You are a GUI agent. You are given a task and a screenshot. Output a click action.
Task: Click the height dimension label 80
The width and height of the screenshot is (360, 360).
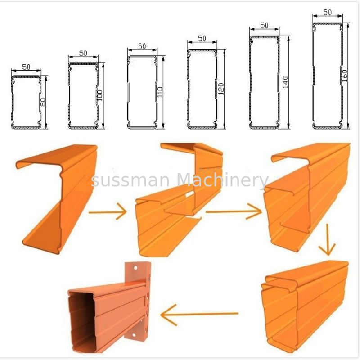43,102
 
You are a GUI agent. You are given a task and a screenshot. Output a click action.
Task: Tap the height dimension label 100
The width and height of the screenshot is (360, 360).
100,96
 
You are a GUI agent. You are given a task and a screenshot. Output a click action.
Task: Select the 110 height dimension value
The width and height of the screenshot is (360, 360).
160,92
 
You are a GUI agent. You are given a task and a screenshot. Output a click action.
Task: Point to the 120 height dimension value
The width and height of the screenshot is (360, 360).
221,89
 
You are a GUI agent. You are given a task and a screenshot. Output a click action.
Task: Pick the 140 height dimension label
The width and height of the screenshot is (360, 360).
285,82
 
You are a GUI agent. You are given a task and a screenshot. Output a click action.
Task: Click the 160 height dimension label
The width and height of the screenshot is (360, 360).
345,75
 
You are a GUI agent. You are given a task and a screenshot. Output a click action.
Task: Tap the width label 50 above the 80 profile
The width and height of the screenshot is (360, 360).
26,67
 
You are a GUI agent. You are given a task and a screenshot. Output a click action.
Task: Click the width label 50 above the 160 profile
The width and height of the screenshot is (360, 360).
328,12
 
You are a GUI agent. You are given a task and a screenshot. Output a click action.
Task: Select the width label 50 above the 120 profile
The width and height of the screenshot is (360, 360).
202,38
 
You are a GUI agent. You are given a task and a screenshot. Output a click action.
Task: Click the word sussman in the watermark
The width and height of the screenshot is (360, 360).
130,180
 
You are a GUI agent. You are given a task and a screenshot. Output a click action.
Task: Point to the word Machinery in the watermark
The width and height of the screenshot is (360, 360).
223,180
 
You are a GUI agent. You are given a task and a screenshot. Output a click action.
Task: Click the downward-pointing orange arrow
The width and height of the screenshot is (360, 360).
328,240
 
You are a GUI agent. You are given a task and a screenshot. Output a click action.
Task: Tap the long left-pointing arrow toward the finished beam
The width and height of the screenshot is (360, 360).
199,314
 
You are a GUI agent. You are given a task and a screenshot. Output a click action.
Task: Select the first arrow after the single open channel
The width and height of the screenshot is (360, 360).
108,211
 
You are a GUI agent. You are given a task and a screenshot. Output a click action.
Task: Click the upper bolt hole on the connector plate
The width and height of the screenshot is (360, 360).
135,268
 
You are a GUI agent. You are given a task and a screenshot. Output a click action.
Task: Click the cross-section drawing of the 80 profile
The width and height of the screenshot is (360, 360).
27,102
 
